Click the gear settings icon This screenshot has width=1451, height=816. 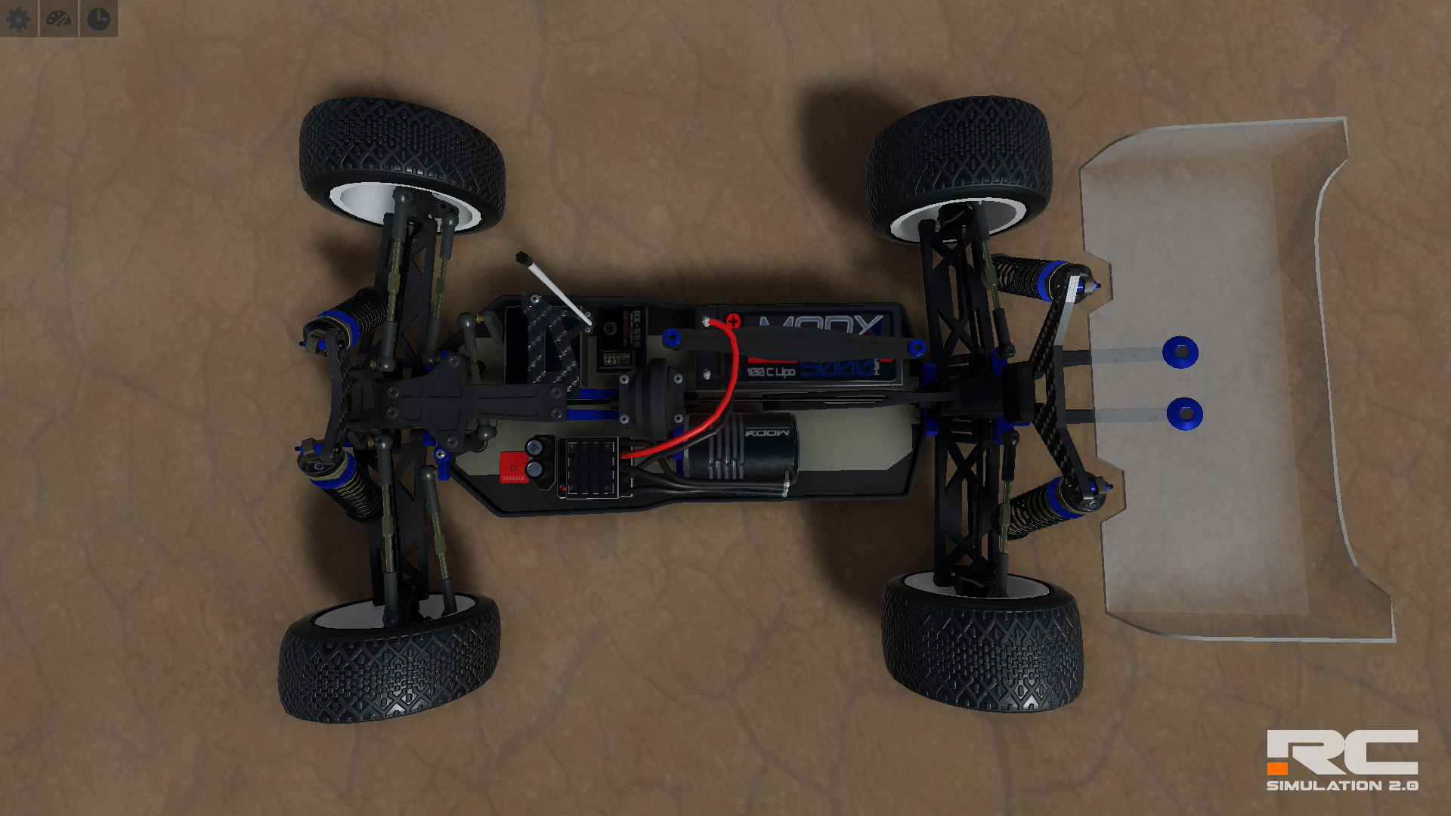[x=18, y=18]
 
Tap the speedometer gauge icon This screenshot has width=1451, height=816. [x=58, y=18]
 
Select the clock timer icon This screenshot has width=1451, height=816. [x=99, y=18]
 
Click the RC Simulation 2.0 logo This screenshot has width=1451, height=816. [x=1342, y=760]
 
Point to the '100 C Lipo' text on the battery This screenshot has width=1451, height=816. [x=770, y=372]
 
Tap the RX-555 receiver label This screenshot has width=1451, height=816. [x=636, y=329]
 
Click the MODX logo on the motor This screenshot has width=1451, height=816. [x=767, y=433]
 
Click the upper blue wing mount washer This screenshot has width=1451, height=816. [x=1180, y=351]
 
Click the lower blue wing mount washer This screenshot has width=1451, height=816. [x=1184, y=413]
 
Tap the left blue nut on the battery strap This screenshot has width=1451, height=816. [x=670, y=337]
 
